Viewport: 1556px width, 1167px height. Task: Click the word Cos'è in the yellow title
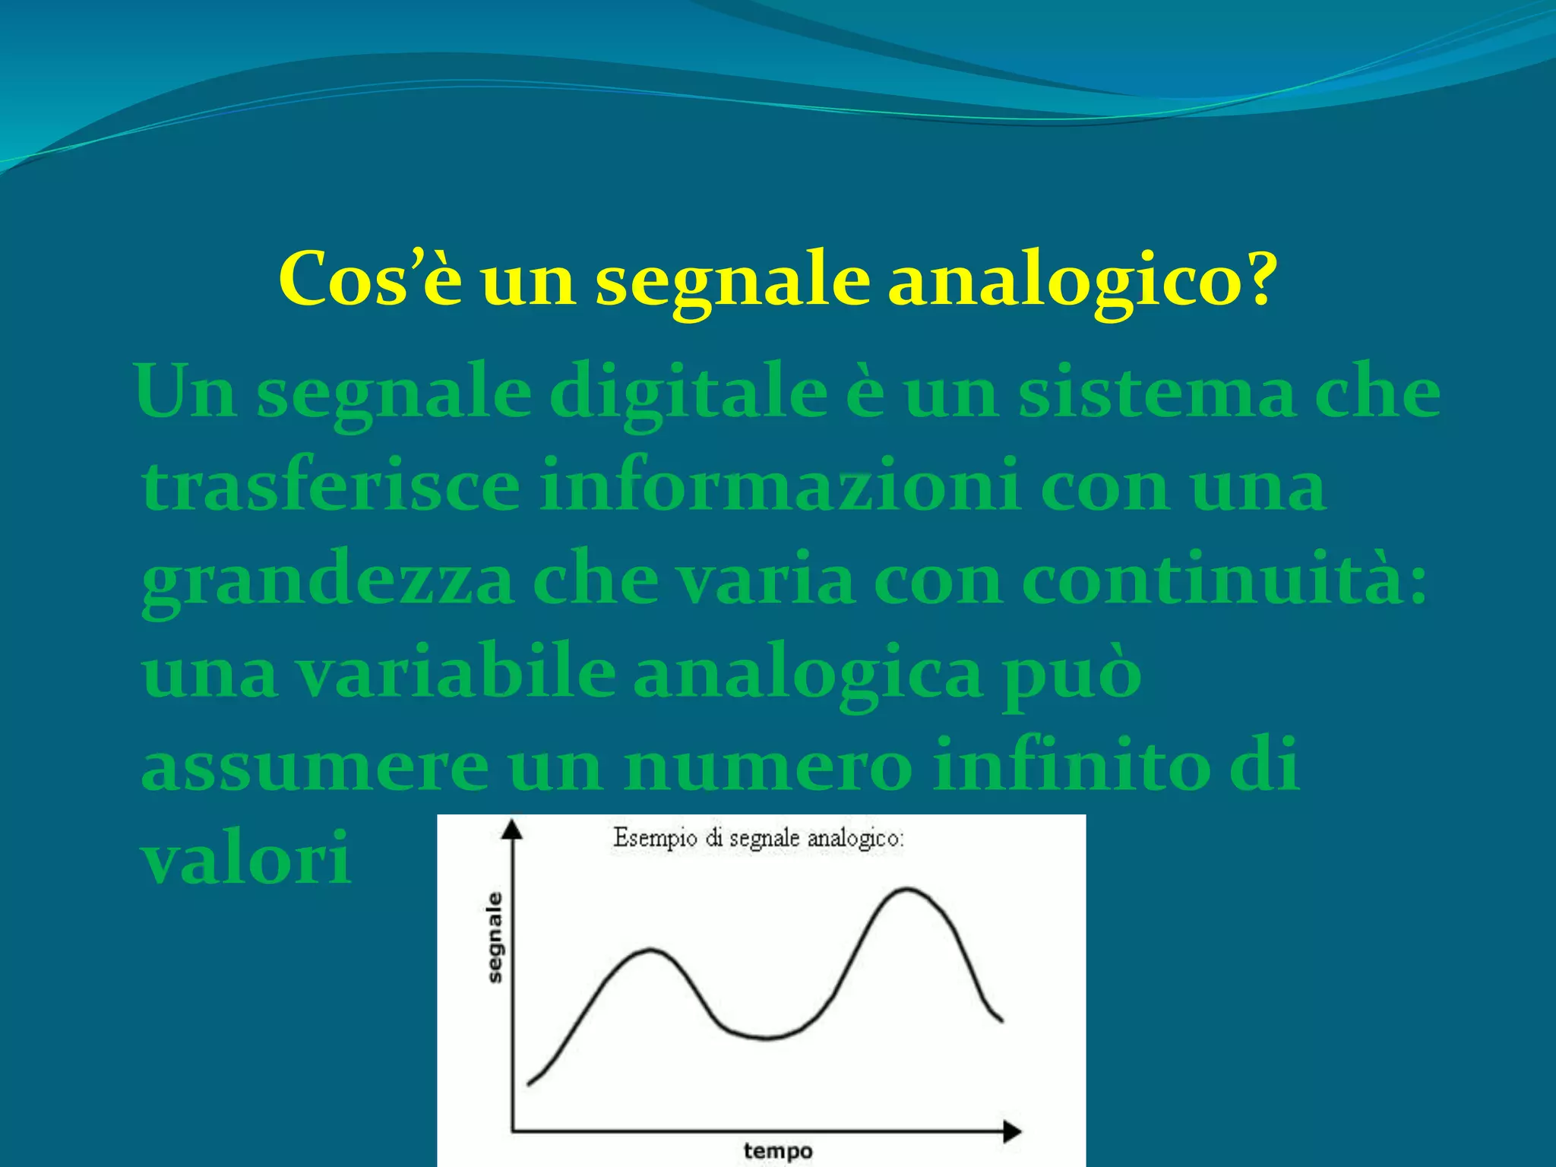(x=370, y=279)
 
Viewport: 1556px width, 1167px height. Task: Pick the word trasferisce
(x=331, y=485)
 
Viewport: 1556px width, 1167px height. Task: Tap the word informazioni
(x=780, y=485)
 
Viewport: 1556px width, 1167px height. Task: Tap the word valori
(x=246, y=858)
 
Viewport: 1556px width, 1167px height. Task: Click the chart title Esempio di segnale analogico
(x=758, y=839)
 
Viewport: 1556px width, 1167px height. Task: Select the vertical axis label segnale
(x=495, y=938)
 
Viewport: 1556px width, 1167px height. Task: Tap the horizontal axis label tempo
(x=777, y=1151)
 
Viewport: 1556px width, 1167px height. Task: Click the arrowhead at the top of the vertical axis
(x=514, y=828)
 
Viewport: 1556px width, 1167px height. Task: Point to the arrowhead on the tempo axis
(x=1012, y=1131)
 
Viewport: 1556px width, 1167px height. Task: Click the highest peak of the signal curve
(x=907, y=889)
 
